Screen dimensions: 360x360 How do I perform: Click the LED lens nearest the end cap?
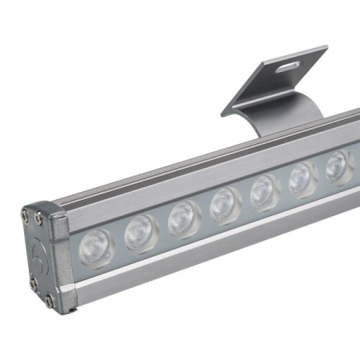click(98, 247)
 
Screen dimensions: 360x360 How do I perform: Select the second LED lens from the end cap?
click(142, 233)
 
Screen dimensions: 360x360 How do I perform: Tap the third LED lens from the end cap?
click(185, 219)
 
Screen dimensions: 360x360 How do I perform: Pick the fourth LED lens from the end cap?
click(226, 206)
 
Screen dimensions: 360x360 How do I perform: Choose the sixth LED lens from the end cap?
click(302, 179)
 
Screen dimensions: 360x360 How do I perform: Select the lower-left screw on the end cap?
click(34, 282)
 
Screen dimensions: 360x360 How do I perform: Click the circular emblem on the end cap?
click(40, 254)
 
